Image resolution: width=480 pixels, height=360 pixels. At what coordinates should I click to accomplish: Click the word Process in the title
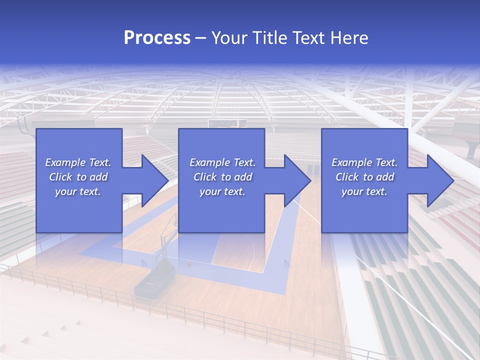(157, 38)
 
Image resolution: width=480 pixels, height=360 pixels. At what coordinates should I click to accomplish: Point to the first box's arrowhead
(154, 180)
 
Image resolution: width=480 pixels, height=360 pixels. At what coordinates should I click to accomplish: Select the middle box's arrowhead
(297, 180)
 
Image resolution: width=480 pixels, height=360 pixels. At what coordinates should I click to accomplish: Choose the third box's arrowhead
(440, 180)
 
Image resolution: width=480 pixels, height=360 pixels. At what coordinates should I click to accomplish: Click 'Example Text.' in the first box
(78, 162)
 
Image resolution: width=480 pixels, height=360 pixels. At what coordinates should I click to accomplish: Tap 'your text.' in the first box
(78, 191)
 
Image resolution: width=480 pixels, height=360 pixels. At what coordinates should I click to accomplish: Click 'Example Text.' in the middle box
(222, 162)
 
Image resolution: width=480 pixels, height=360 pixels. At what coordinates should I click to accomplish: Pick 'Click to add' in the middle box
(222, 177)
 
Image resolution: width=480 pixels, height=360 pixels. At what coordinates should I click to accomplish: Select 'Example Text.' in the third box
(364, 162)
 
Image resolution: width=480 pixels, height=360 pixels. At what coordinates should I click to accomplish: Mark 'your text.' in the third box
(364, 191)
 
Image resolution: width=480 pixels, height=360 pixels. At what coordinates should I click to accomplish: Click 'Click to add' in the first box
(78, 177)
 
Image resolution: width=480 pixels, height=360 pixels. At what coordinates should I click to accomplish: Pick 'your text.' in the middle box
(222, 191)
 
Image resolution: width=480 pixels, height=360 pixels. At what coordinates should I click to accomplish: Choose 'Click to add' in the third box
(364, 177)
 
